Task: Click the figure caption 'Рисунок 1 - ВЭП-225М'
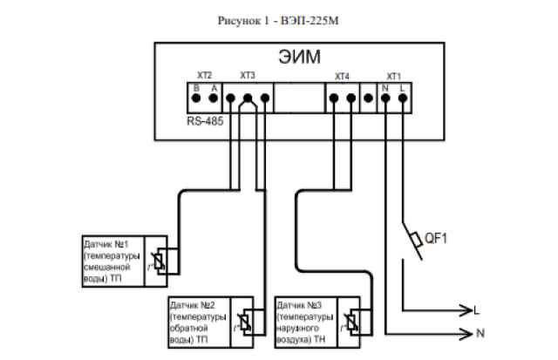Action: (x=278, y=19)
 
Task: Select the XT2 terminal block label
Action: (x=205, y=77)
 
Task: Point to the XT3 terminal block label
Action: (x=248, y=77)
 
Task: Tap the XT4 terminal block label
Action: (x=342, y=77)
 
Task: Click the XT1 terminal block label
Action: (x=394, y=77)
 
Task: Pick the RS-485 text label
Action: (x=205, y=121)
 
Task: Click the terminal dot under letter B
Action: (x=197, y=99)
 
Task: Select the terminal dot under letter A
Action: (x=214, y=99)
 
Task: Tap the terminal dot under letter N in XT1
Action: (x=385, y=99)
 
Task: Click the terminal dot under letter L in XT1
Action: (x=402, y=99)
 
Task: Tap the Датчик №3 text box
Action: (x=306, y=322)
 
